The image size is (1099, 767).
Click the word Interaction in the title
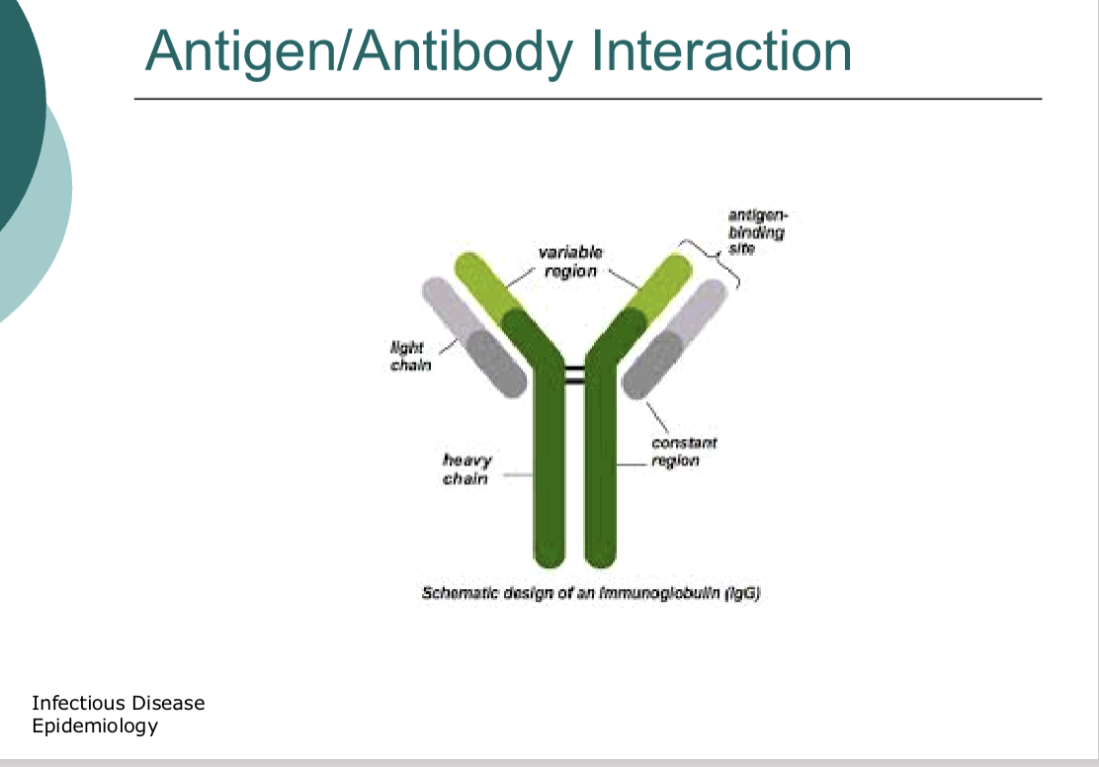[721, 50]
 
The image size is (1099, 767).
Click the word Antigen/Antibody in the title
[359, 53]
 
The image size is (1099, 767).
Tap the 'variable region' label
[570, 262]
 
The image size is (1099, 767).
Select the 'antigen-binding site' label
[757, 231]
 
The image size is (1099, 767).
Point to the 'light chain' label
[410, 356]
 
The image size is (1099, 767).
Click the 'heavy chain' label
[466, 469]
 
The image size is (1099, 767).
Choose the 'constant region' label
[684, 452]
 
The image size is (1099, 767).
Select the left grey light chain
[473, 337]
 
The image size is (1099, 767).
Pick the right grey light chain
[674, 339]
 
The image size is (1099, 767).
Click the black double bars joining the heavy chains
[574, 375]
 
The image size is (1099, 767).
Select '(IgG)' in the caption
[743, 593]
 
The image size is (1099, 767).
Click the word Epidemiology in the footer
[95, 726]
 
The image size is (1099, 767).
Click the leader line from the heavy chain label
[518, 474]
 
